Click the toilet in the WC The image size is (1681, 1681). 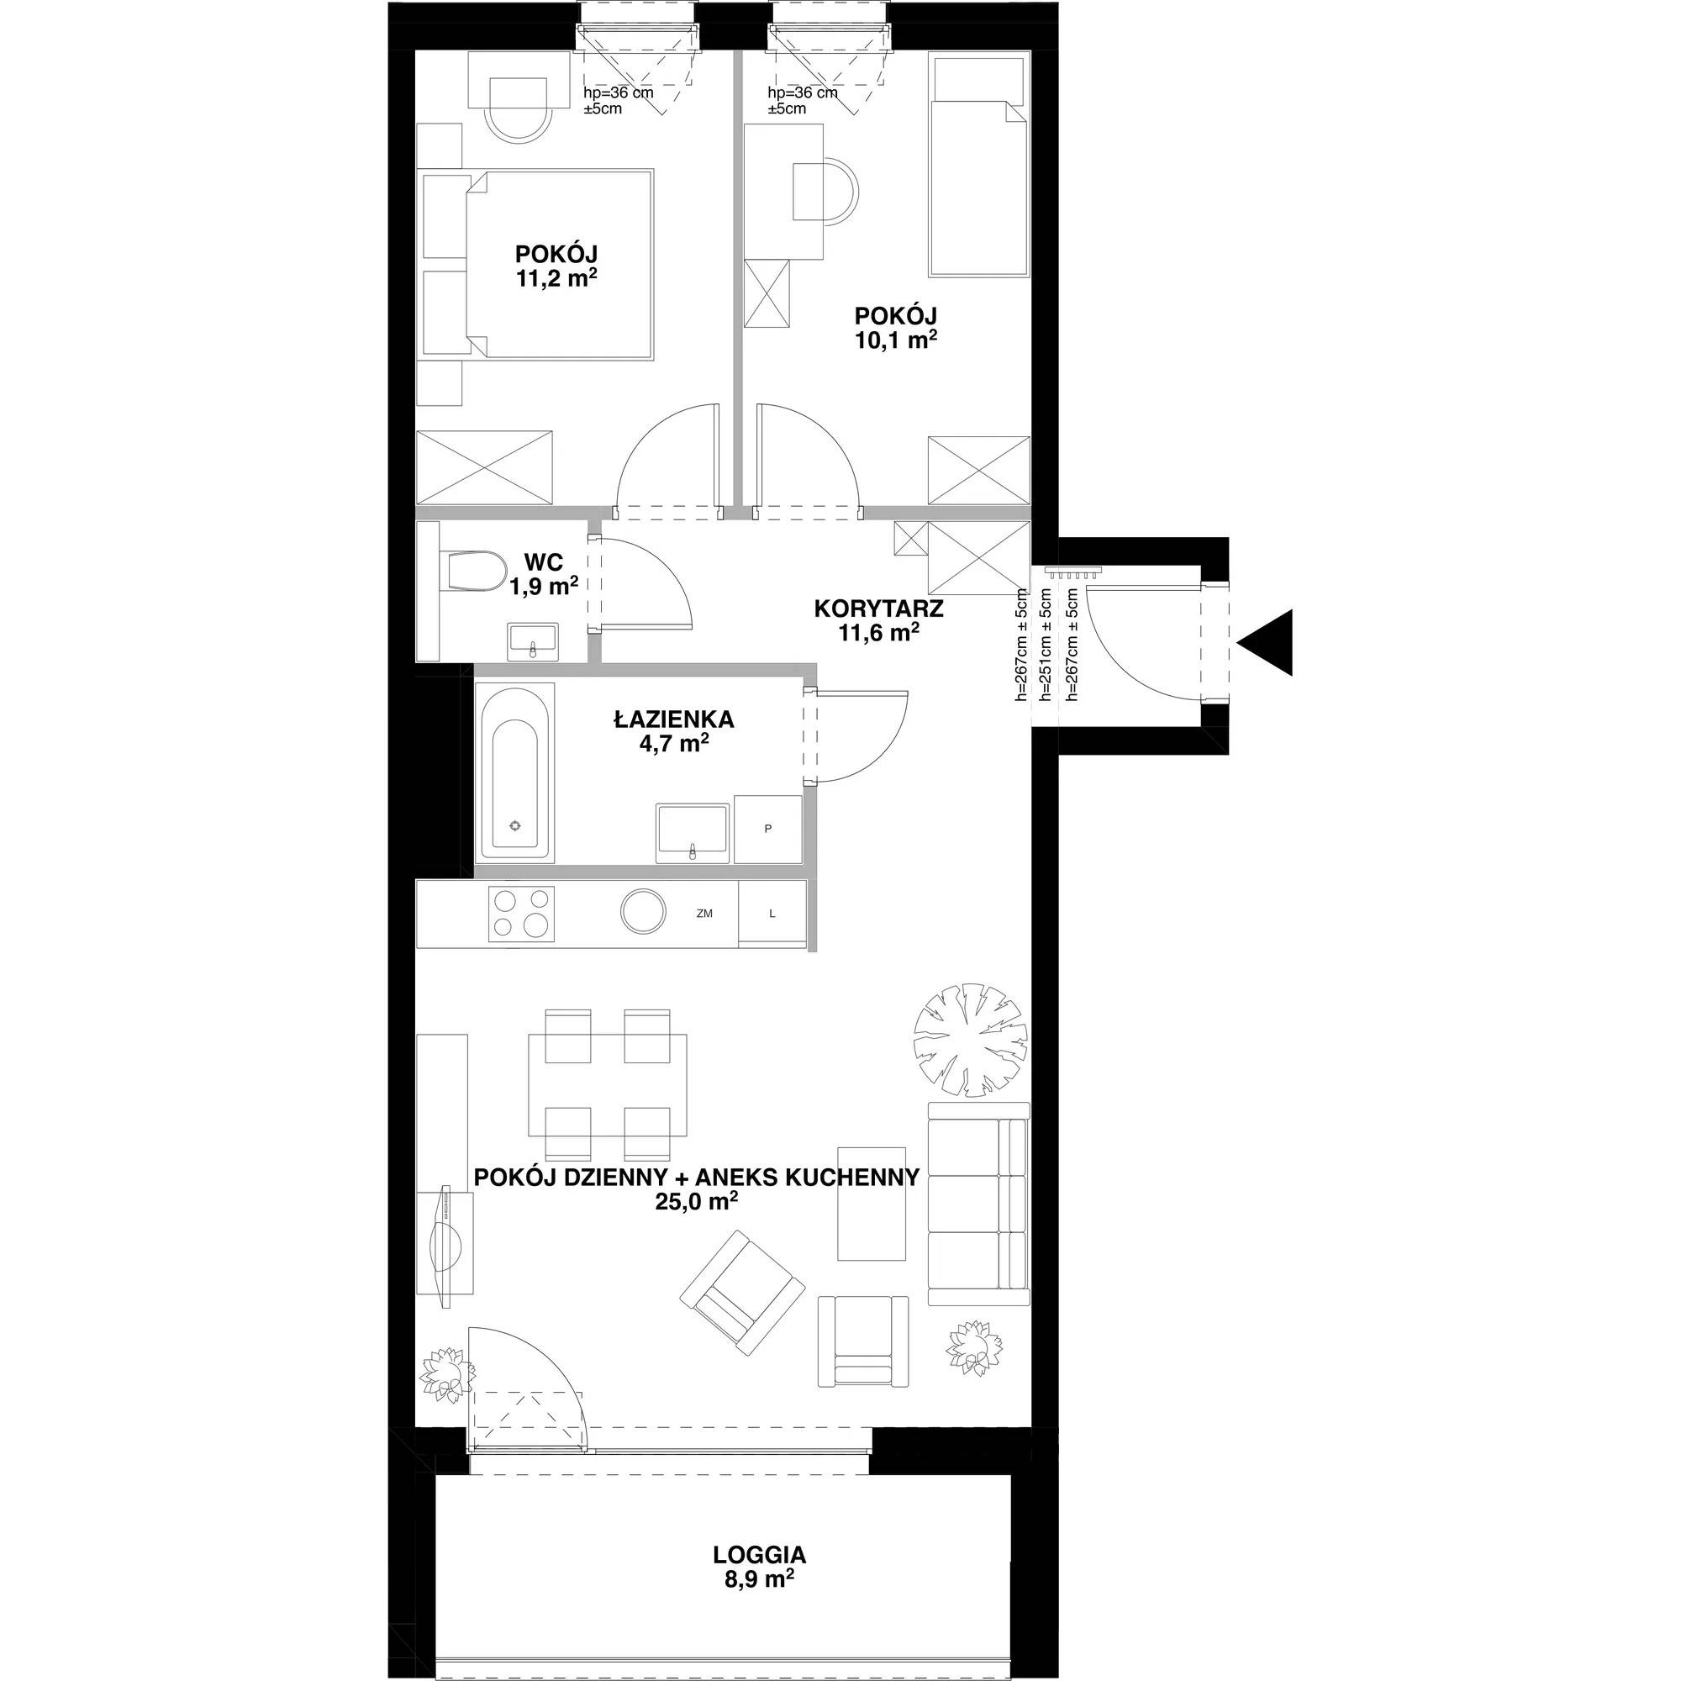pyautogui.click(x=475, y=572)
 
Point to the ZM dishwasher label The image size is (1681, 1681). pyautogui.click(x=705, y=914)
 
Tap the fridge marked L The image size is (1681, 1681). pyautogui.click(x=772, y=913)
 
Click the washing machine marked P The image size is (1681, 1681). pyautogui.click(x=767, y=829)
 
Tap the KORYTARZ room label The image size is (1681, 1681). pyautogui.click(x=879, y=609)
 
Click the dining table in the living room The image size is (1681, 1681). pyautogui.click(x=609, y=1085)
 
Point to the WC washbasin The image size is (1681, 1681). pyautogui.click(x=533, y=642)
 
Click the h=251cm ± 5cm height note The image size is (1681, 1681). pyautogui.click(x=1046, y=645)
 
